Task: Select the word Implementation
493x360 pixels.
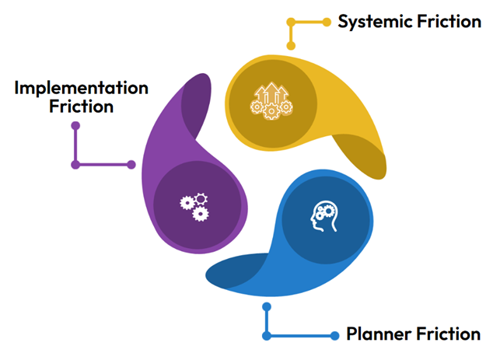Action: click(x=81, y=86)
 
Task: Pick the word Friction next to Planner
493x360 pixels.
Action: click(x=449, y=334)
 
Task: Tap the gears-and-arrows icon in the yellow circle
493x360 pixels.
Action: click(x=271, y=101)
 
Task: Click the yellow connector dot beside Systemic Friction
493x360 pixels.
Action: click(x=327, y=22)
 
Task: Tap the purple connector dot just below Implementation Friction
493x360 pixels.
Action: click(x=75, y=124)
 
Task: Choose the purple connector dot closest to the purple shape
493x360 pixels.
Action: click(x=131, y=164)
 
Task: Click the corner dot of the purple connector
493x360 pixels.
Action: click(x=75, y=164)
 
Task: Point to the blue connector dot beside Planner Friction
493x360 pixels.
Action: click(x=335, y=335)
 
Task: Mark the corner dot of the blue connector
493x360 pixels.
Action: click(x=267, y=335)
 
